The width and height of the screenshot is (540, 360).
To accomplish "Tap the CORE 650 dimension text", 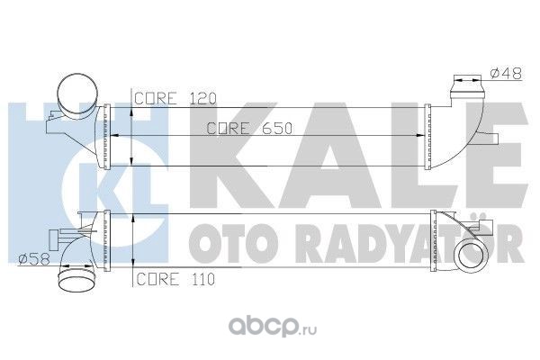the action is (x=236, y=128).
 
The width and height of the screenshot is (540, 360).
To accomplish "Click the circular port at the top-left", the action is (x=75, y=92).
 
